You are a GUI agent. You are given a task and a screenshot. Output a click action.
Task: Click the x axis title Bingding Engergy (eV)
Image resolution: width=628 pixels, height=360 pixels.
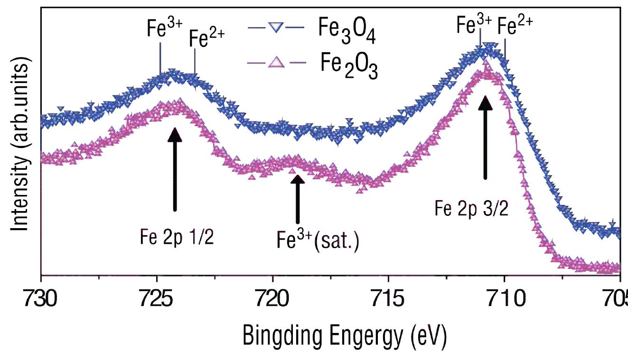345,336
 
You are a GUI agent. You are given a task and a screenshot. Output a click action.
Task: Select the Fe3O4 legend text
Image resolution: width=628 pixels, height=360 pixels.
347,34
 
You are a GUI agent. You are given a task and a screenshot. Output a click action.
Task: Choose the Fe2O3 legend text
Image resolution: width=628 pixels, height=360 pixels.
347,67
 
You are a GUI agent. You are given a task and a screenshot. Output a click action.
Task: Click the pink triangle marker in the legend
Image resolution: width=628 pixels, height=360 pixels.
276,62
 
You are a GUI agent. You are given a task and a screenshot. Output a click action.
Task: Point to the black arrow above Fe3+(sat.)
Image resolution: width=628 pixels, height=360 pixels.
298,198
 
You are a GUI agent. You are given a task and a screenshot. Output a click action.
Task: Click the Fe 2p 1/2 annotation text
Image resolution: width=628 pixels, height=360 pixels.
177,236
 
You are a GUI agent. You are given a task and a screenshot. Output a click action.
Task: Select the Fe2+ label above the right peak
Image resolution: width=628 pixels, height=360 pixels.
515,27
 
